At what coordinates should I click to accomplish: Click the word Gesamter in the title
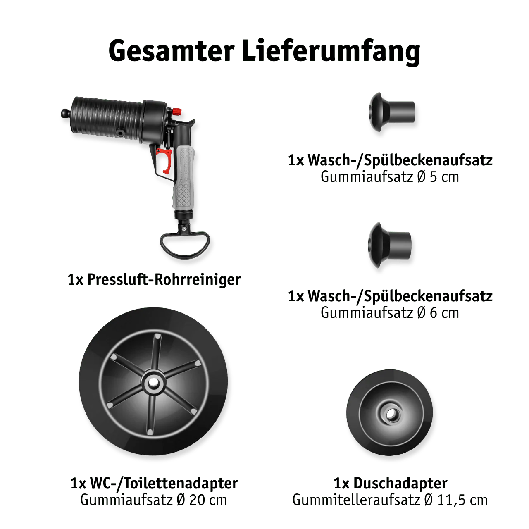[171, 52]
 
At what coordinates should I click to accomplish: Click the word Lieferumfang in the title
[331, 52]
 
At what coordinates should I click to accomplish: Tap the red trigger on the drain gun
[165, 161]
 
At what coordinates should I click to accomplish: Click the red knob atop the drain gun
[177, 112]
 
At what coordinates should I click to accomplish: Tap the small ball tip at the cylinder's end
[64, 113]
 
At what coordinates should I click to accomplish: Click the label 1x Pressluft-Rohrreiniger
[154, 280]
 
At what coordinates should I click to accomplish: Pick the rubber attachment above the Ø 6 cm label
[390, 245]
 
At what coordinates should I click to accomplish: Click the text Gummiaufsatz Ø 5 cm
[390, 177]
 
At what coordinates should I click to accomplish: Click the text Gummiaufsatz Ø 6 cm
[390, 313]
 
